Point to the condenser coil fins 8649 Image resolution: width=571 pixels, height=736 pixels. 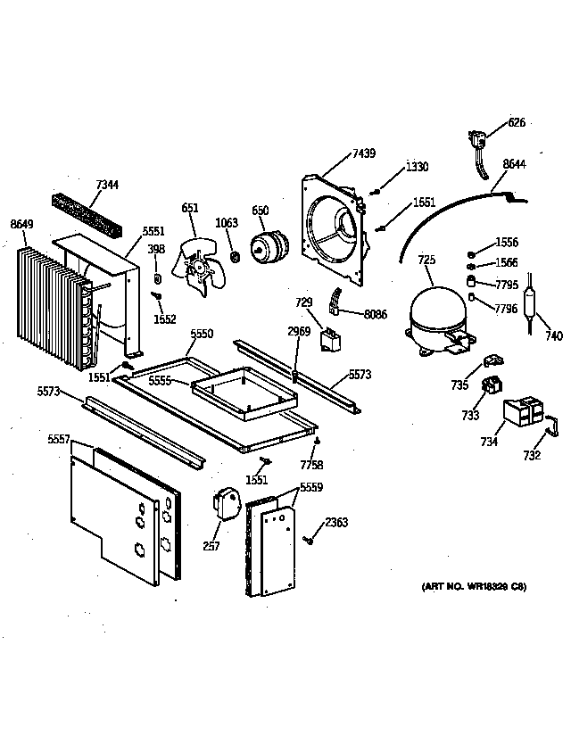pyautogui.click(x=45, y=308)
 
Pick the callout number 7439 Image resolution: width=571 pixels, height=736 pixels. pyautogui.click(x=363, y=154)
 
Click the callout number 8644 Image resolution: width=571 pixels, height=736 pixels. pyautogui.click(x=515, y=164)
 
